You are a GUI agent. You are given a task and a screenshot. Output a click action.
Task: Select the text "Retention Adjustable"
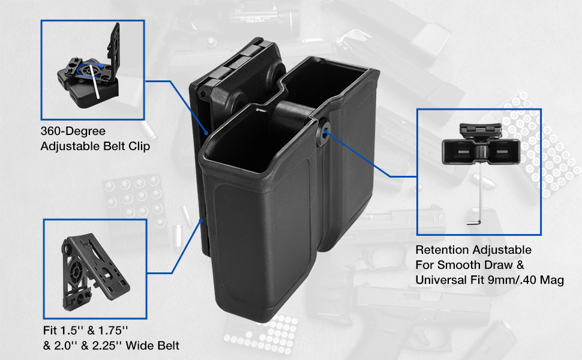pos(473,250)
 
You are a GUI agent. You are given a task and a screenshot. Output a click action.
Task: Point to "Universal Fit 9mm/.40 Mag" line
pos(490,280)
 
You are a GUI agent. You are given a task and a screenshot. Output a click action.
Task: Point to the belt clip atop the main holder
pos(234,66)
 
